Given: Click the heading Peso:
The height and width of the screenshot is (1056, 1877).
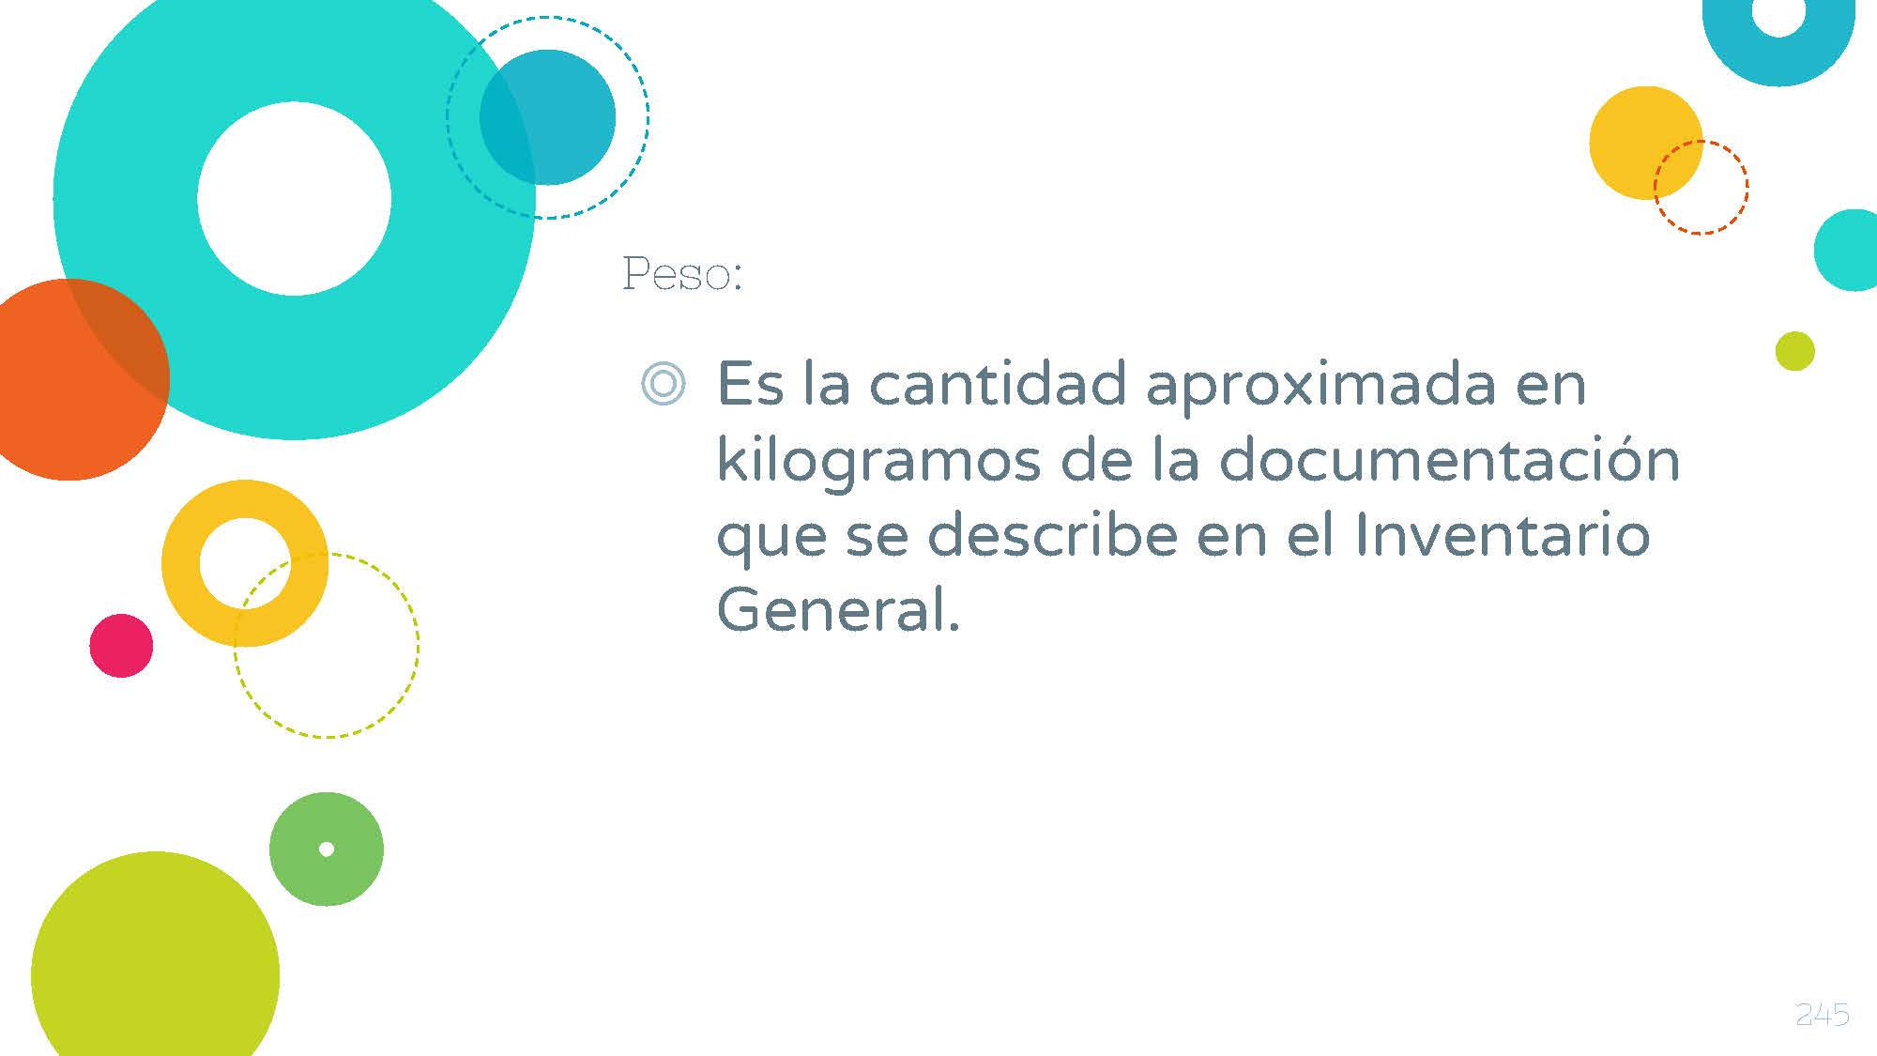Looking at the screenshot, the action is pyautogui.click(x=682, y=274).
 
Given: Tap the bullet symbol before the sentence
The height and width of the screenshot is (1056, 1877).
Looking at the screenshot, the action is pyautogui.click(x=664, y=383).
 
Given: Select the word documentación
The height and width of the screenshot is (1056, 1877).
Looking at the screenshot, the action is pyautogui.click(x=1449, y=459).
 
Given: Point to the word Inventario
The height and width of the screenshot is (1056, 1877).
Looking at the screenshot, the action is pyautogui.click(x=1503, y=534).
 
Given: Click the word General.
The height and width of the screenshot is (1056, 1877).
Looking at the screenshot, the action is pyautogui.click(x=838, y=609).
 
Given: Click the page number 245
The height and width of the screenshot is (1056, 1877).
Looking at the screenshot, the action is pyautogui.click(x=1822, y=1014).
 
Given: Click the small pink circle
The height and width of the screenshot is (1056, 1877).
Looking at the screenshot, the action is pyautogui.click(x=121, y=646).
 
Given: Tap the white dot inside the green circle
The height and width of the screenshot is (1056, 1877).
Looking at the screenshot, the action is pyautogui.click(x=327, y=849).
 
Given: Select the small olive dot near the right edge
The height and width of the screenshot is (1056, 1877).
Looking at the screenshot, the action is pyautogui.click(x=1795, y=351).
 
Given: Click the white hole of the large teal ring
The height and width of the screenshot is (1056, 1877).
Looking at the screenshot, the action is pyautogui.click(x=294, y=198).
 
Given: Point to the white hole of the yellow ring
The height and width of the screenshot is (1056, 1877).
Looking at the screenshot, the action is pyautogui.click(x=245, y=563).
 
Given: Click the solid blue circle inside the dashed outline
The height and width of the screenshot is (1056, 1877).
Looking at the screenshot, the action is pyautogui.click(x=547, y=117).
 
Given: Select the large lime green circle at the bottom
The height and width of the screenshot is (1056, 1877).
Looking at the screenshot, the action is pyautogui.click(x=156, y=967).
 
